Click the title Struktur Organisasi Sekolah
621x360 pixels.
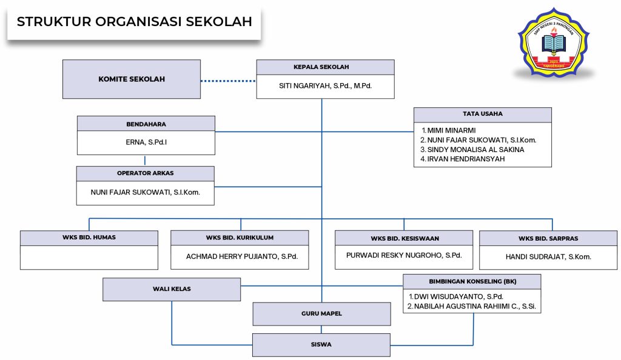[134, 22]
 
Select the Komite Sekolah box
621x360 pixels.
[132, 79]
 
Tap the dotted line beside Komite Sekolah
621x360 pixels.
[228, 81]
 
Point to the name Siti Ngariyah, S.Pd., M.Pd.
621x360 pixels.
[325, 86]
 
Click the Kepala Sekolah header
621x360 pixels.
[325, 67]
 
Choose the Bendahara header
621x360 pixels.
[146, 124]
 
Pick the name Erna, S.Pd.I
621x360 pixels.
[146, 143]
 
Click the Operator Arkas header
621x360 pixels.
[146, 173]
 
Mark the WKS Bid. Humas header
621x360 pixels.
[89, 238]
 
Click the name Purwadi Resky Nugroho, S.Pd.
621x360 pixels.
[404, 255]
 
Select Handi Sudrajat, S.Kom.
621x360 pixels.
[548, 257]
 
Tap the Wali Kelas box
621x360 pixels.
[172, 289]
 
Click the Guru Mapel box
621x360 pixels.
[321, 314]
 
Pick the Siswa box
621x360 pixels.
[321, 344]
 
